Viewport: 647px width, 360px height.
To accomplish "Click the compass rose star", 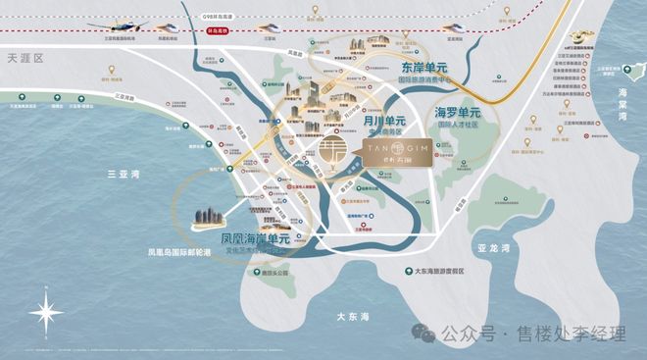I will coord(46,313).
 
